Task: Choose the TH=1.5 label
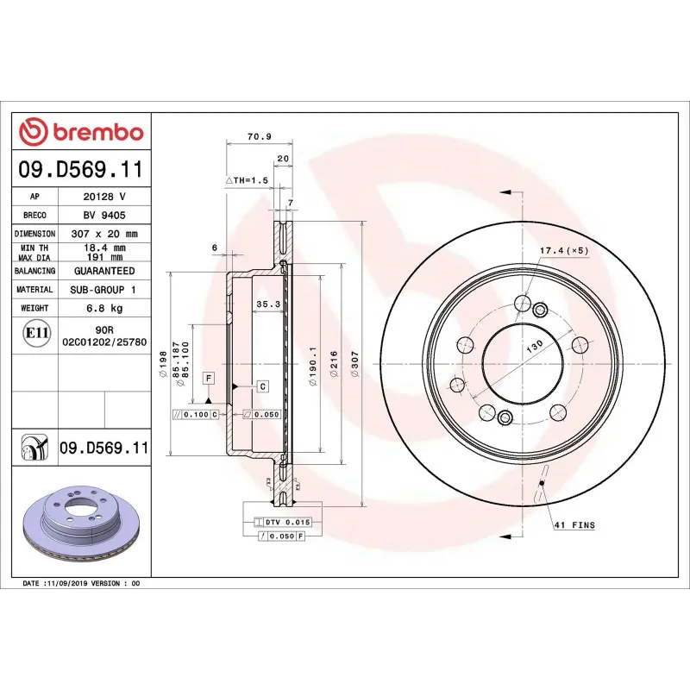pyautogui.click(x=248, y=179)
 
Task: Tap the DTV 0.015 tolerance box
pyautogui.click(x=281, y=523)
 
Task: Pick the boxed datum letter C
pyautogui.click(x=262, y=385)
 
